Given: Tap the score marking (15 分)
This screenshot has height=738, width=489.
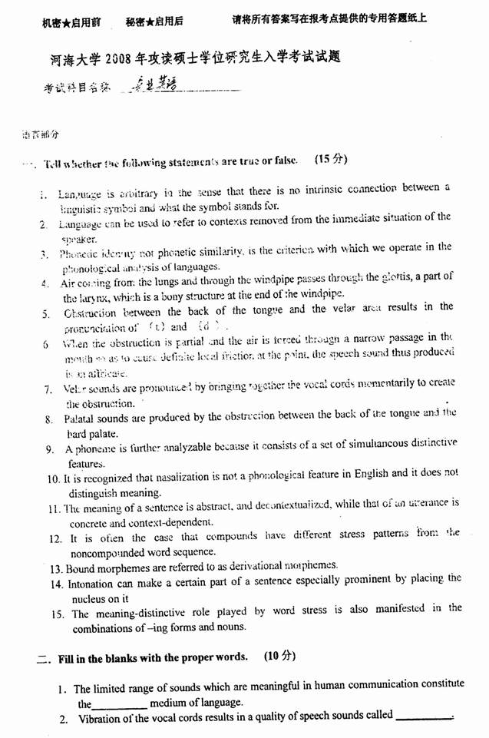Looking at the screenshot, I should [x=331, y=160].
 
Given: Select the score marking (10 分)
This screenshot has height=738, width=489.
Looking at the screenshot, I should [x=279, y=657].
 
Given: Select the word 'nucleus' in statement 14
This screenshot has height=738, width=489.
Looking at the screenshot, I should [x=90, y=599].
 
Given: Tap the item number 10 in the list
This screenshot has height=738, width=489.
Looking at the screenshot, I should [x=54, y=479].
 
